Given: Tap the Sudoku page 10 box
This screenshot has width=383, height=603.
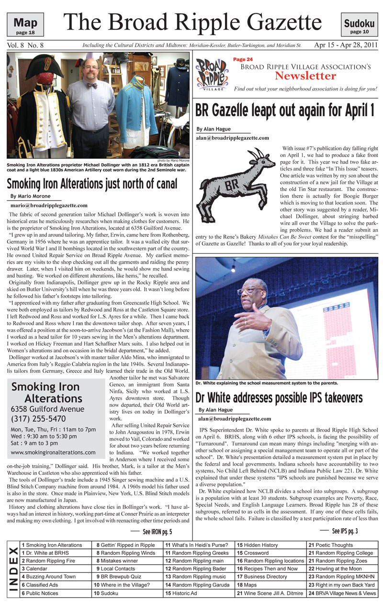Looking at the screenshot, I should coord(359,25).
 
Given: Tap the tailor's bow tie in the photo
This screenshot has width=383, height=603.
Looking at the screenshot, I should coord(91,86).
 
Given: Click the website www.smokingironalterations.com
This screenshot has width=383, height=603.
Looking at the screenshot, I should coord(52,452).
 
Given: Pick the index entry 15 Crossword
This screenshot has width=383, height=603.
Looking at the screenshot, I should coord(257,553).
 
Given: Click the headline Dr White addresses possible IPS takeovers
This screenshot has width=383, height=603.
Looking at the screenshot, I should coord(279,397).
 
